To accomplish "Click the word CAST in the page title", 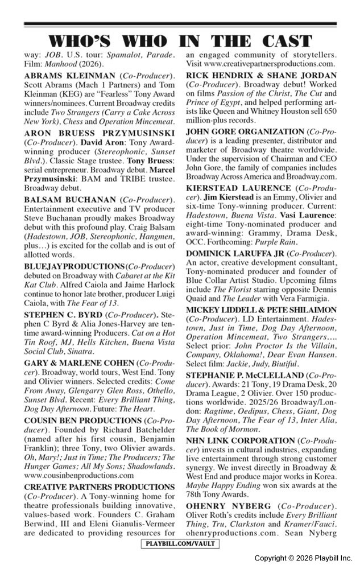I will point(282,42).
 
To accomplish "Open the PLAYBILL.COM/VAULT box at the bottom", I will point(180,544).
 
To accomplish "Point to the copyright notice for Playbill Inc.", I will point(303,558).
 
